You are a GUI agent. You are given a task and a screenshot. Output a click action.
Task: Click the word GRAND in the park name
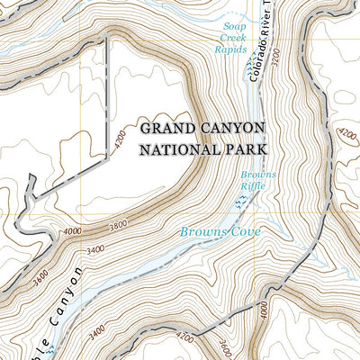click(x=165, y=126)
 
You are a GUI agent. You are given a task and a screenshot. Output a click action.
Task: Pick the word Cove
click(x=244, y=232)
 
